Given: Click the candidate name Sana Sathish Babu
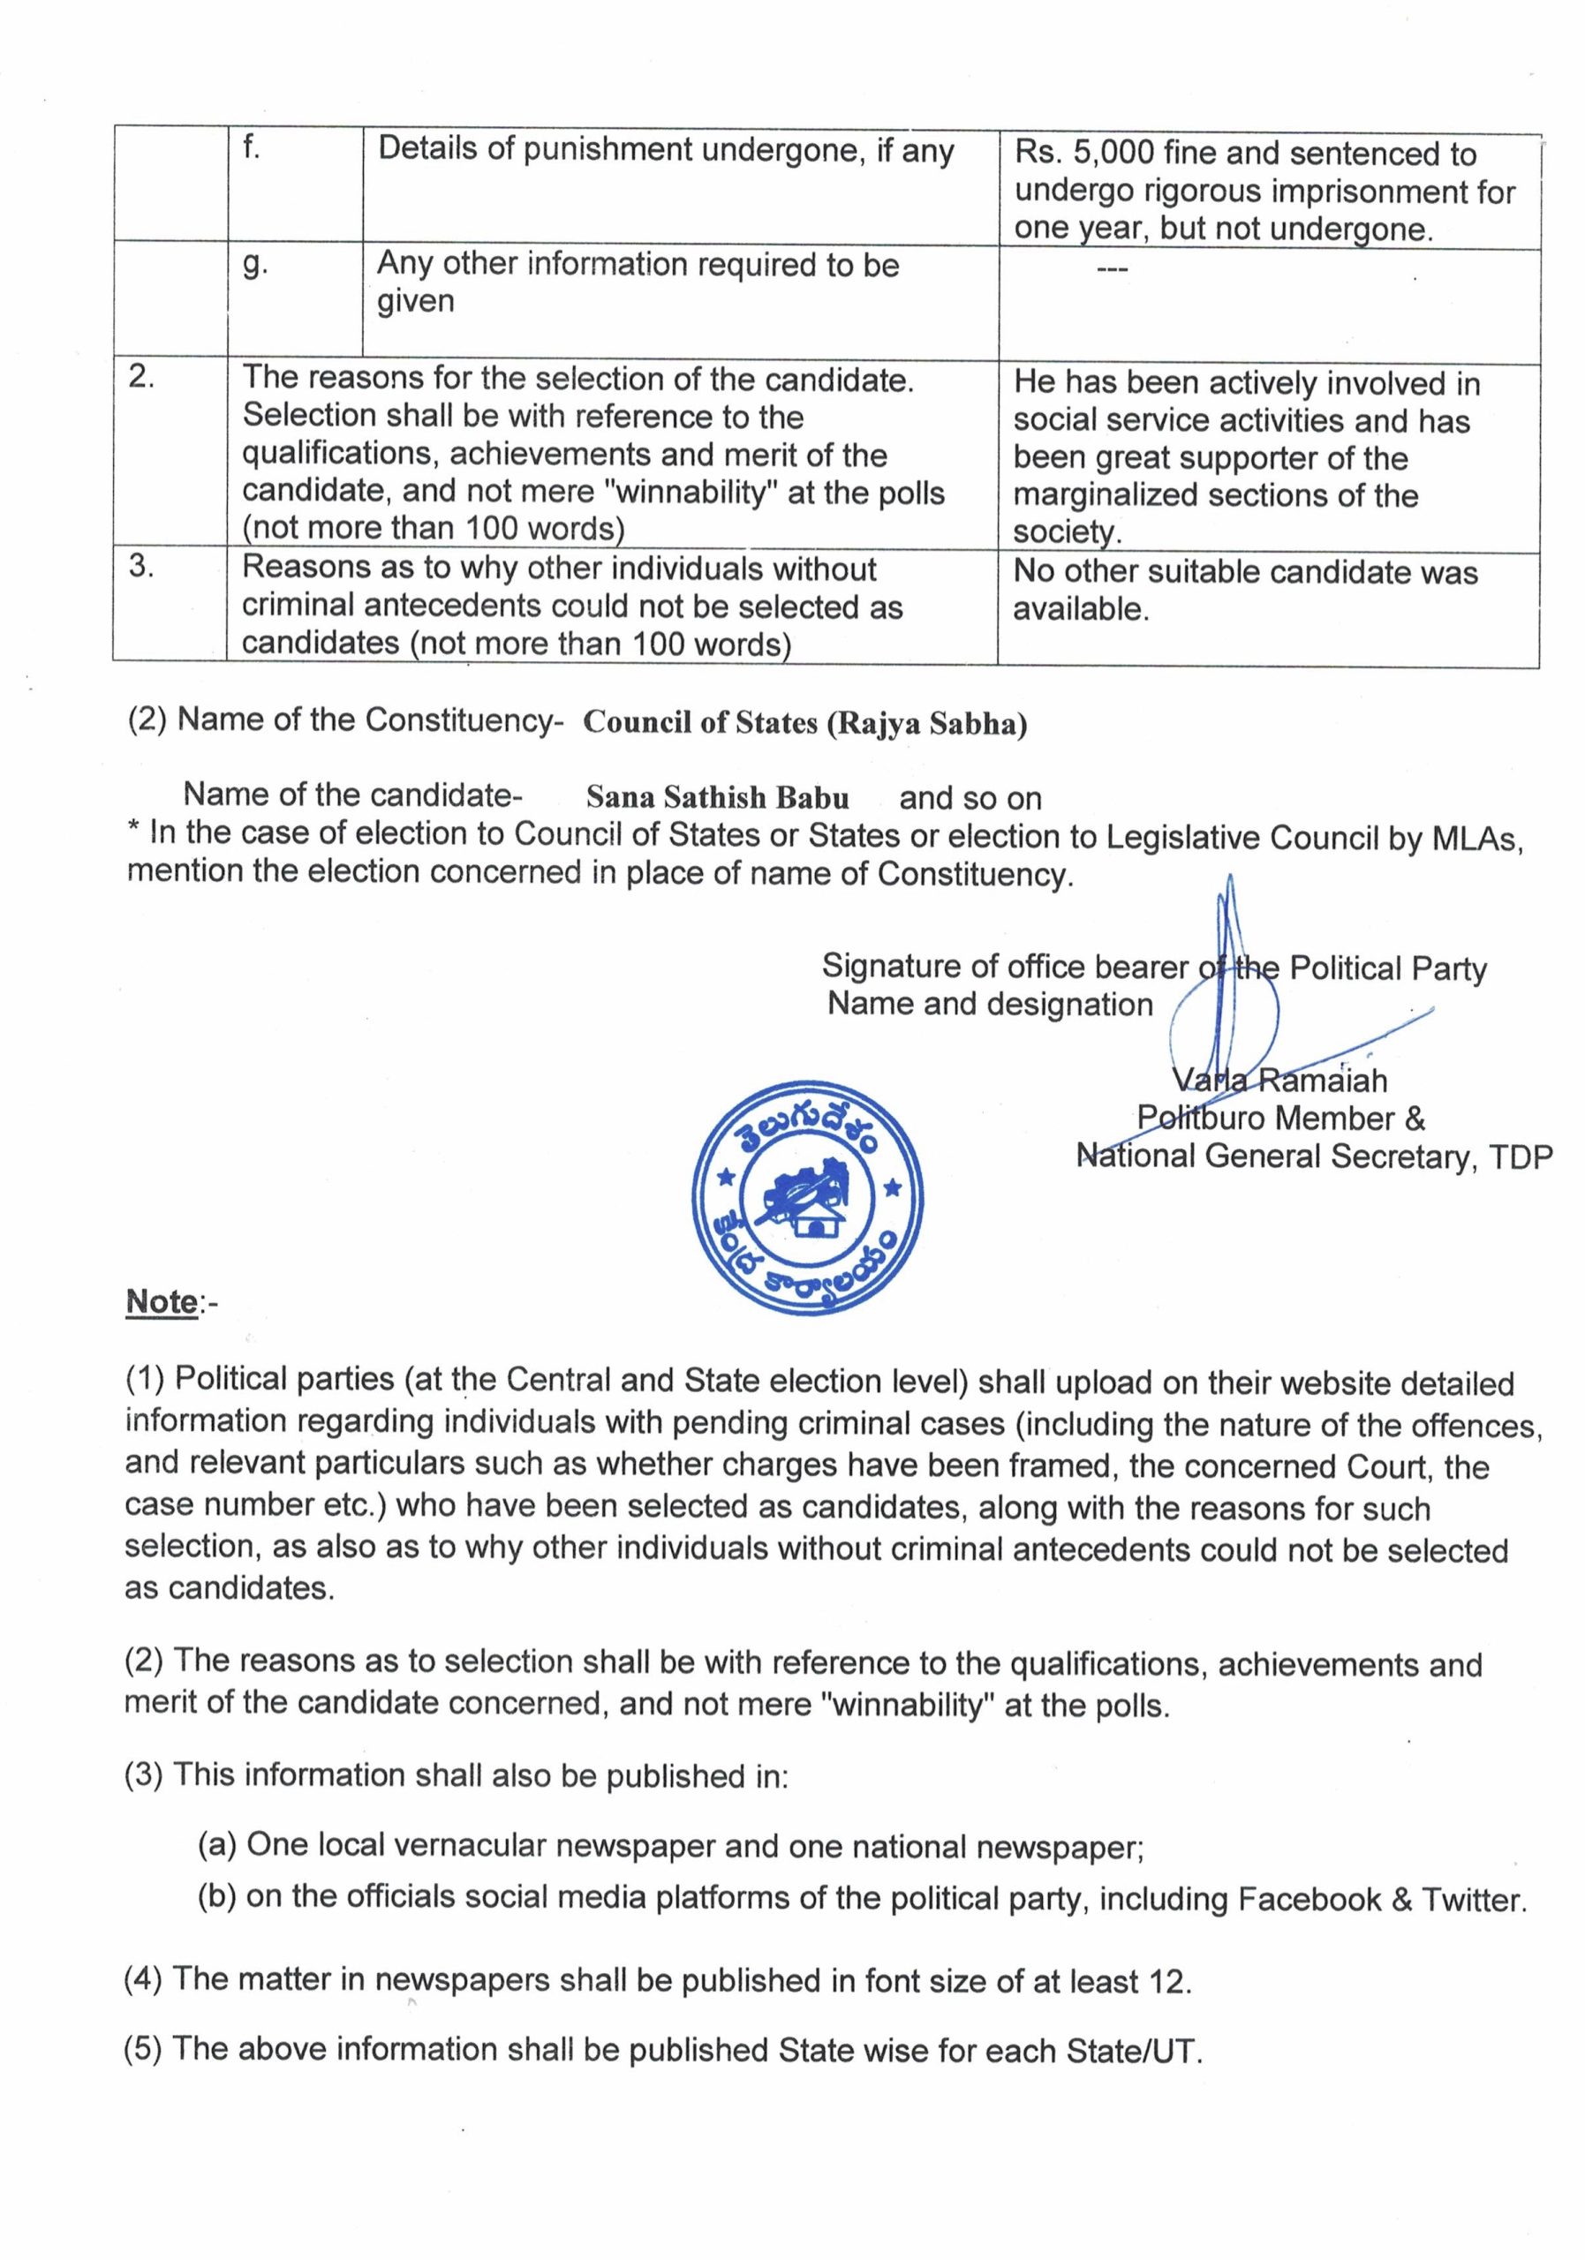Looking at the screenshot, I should point(717,796).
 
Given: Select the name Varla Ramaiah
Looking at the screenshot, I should point(1279,1080).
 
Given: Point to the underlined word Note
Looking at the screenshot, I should point(162,1301).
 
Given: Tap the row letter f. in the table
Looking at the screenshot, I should point(252,148).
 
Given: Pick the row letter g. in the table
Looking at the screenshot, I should point(253,266).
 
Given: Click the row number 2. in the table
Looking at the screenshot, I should point(142,378).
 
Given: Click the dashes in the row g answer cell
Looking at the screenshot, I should point(1109,267).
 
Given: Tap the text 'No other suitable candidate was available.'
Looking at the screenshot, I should point(1244,590).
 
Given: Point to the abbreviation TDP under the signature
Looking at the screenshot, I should point(1520,1157).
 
